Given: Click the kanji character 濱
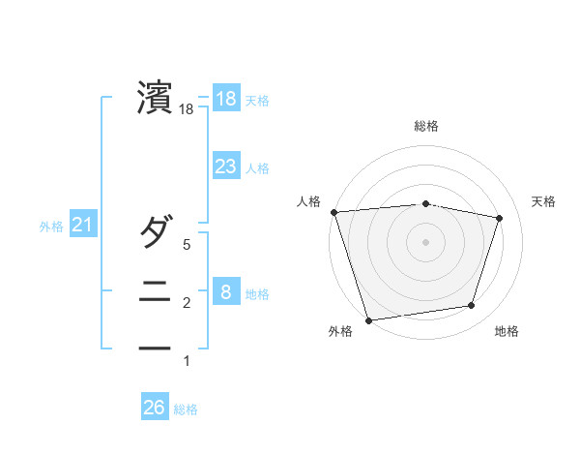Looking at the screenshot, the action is (156, 99).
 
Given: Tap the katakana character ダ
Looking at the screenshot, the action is (156, 231).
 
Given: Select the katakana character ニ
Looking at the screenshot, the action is (156, 291).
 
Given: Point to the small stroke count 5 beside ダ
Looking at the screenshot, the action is (187, 245).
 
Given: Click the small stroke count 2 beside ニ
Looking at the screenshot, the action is (187, 303).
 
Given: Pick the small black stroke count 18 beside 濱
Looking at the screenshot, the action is (187, 110).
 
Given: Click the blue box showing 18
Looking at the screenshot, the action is (226, 99).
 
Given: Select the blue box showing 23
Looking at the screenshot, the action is (226, 167).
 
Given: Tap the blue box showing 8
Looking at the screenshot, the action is (226, 292).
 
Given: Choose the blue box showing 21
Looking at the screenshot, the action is (82, 226).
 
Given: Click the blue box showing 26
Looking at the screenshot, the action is (154, 408).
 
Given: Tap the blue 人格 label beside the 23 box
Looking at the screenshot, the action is (257, 168).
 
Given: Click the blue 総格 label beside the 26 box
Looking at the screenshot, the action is (186, 409).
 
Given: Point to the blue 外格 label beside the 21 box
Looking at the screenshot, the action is (51, 227).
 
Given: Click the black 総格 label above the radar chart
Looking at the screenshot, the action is (426, 126).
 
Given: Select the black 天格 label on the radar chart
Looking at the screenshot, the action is (544, 201).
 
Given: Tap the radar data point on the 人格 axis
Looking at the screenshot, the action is (333, 212).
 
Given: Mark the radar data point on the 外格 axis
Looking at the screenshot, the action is (368, 319).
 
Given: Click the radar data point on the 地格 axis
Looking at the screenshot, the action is (472, 306).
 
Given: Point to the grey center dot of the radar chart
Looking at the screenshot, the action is (425, 241).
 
